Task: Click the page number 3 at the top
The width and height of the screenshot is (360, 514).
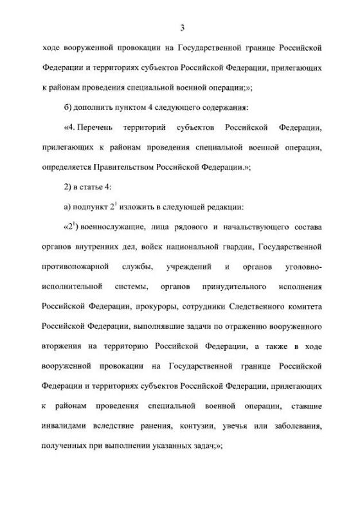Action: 183,26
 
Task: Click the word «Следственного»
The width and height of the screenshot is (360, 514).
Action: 268,303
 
